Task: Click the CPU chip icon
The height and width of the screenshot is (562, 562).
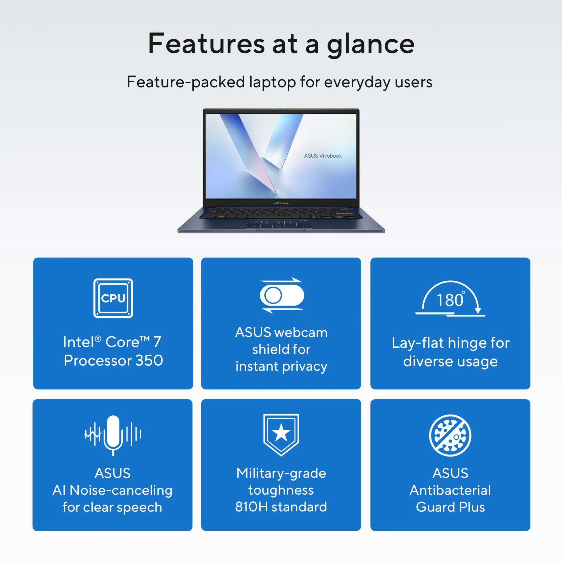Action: click(113, 298)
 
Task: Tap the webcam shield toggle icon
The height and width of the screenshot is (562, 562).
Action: click(282, 295)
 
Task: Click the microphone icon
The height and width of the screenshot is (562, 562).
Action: click(113, 436)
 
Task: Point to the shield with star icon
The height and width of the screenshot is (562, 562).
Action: click(281, 435)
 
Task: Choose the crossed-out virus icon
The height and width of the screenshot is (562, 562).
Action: click(450, 436)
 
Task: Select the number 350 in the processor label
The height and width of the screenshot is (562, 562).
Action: click(149, 360)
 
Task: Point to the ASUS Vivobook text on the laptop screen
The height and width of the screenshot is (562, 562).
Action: click(323, 156)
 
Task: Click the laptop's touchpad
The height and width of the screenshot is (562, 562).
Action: click(279, 224)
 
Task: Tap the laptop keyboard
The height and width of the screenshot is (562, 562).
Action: click(281, 213)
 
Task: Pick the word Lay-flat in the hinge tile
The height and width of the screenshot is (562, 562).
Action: click(420, 343)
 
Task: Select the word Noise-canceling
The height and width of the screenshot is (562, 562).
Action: click(121, 490)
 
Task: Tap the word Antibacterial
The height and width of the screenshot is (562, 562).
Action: click(450, 490)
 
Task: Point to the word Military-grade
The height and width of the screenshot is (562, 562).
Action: click(281, 474)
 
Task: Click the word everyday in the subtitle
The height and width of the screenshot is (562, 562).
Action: click(357, 82)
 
